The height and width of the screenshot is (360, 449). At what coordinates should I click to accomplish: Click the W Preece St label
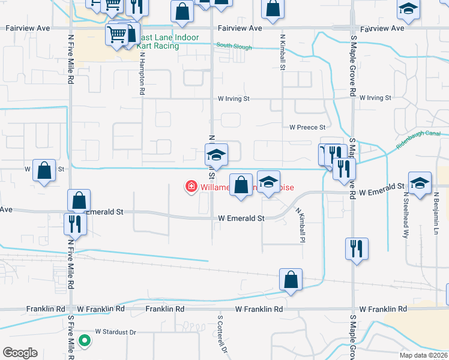coord(307,127)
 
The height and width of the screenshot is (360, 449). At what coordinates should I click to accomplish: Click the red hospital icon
coord(191,187)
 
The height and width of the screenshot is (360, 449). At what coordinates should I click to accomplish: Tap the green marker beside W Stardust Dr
coord(85,341)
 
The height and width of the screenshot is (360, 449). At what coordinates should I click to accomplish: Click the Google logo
coord(20,353)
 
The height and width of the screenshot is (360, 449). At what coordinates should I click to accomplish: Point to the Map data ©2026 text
coord(423,355)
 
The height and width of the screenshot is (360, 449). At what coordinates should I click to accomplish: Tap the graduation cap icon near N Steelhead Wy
coord(420,183)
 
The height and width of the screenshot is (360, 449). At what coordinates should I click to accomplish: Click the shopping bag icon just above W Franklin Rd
coord(291,280)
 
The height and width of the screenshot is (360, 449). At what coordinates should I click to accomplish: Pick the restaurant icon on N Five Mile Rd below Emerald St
coord(75,224)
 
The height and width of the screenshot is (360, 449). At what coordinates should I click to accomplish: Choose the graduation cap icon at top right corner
coord(408,11)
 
